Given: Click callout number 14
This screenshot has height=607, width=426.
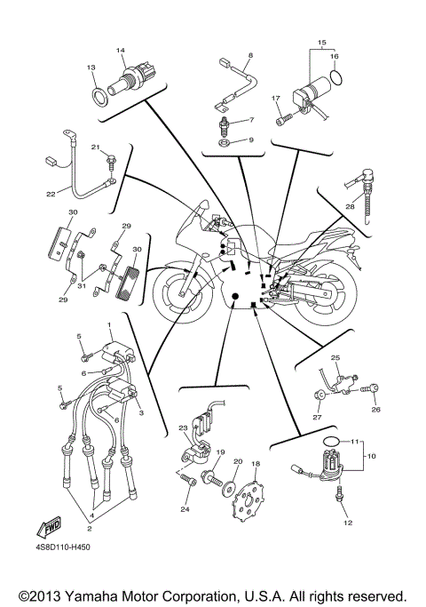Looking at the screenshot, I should coord(122,52).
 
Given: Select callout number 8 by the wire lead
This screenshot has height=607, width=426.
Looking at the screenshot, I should coord(250,55).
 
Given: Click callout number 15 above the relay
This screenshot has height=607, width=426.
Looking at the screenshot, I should coord(321,42).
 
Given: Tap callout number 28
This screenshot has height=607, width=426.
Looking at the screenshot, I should coord(350,206).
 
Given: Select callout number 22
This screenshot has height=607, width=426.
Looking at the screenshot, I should coord(51,194).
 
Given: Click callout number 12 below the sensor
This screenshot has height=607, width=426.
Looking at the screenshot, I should coord(348,523).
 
